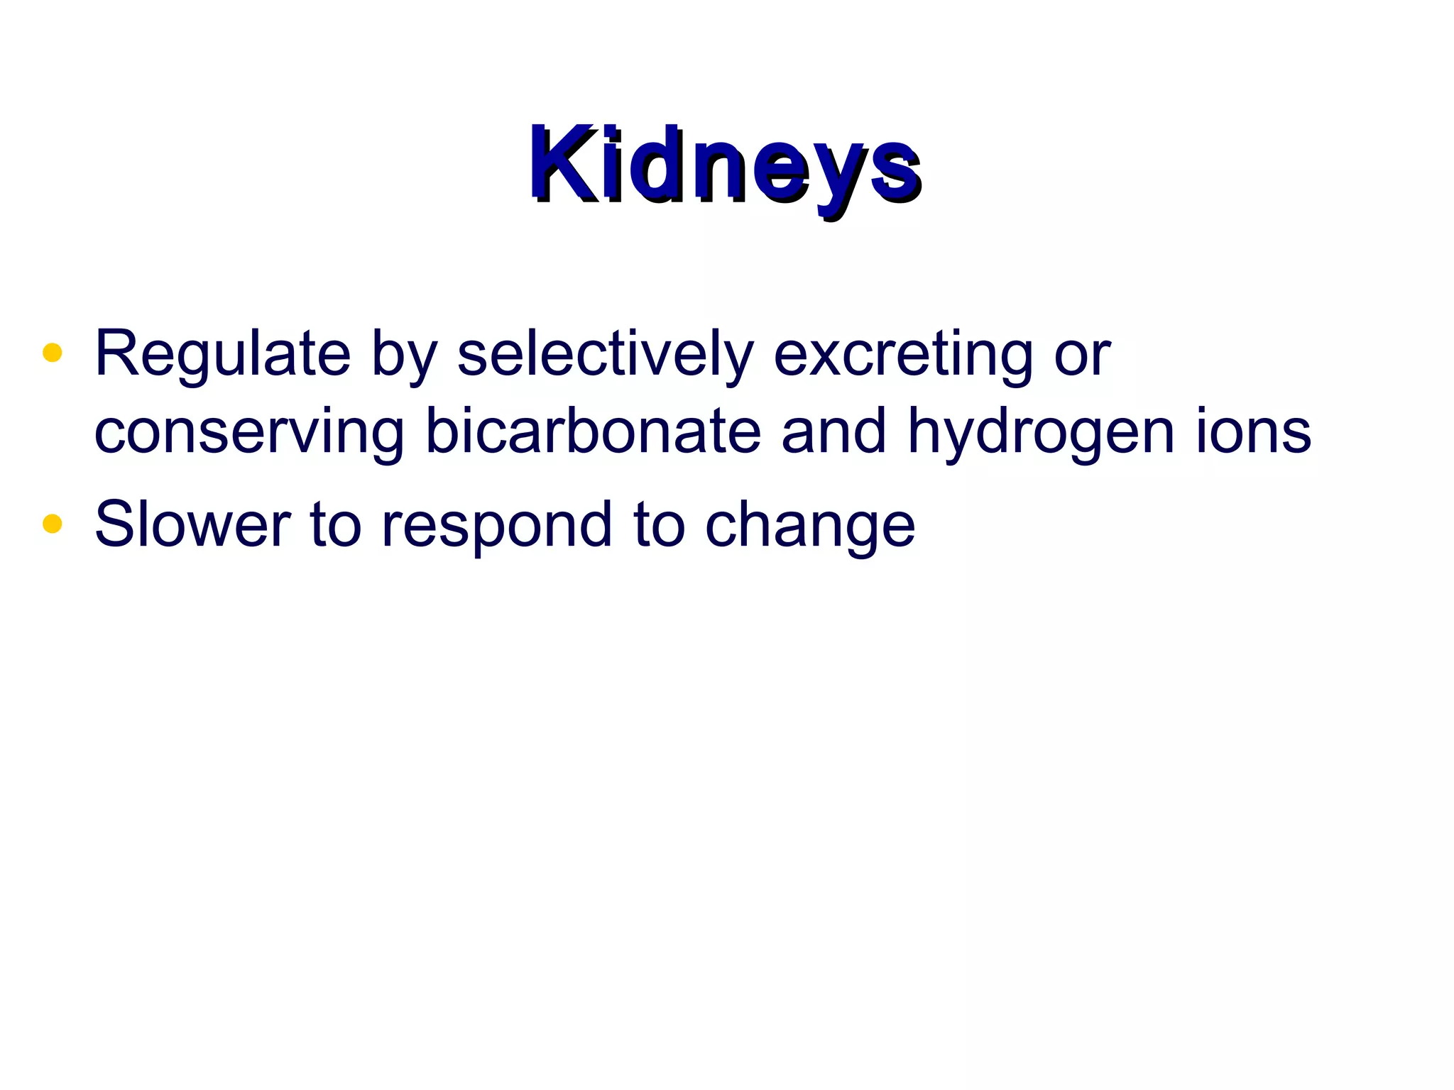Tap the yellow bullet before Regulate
(53, 353)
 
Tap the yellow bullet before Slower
(53, 524)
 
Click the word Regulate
(223, 355)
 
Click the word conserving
(249, 433)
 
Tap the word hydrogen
(1041, 433)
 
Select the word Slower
(192, 525)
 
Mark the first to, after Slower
(335, 525)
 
